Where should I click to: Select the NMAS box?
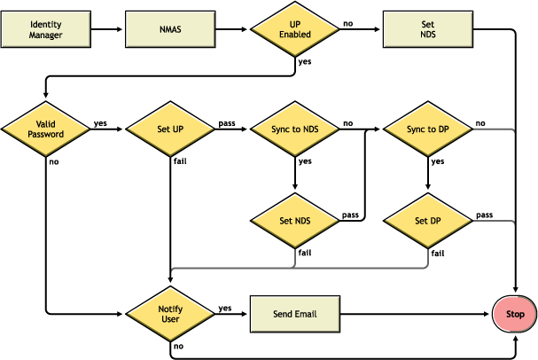point(170,29)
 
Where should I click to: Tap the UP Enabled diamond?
point(295,29)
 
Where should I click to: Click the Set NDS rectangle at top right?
point(428,29)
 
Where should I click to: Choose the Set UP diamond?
point(169,129)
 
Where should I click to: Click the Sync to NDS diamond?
point(295,129)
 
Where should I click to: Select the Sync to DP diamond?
point(428,129)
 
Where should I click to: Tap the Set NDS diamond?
point(295,221)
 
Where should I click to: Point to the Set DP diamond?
point(428,221)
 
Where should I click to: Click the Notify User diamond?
point(169,313)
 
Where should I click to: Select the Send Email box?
point(295,313)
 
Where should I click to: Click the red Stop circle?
point(515,314)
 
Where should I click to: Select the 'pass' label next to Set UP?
point(225,123)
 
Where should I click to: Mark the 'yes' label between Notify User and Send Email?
point(224,308)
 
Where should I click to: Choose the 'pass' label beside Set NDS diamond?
point(349,215)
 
